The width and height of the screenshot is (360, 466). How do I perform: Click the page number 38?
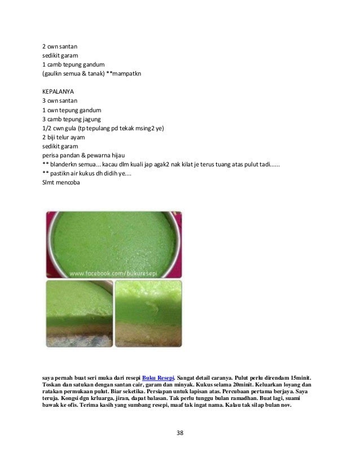pos(180,433)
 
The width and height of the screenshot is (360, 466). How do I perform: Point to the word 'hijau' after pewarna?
pos(120,155)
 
